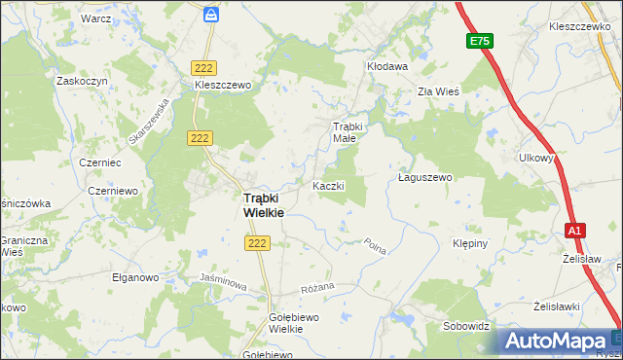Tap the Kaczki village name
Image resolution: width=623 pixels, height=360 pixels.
coord(328,185)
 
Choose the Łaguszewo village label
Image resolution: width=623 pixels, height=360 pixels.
coord(426,178)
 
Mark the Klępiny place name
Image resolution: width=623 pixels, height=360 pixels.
coord(470,243)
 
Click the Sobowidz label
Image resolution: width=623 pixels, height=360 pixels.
coord(464,326)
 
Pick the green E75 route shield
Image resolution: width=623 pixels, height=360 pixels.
coord(479,41)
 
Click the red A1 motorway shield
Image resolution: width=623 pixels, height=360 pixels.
coord(575,230)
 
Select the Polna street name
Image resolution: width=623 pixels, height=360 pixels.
coord(376,247)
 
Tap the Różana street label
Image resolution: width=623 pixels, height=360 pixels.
coord(317,287)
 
